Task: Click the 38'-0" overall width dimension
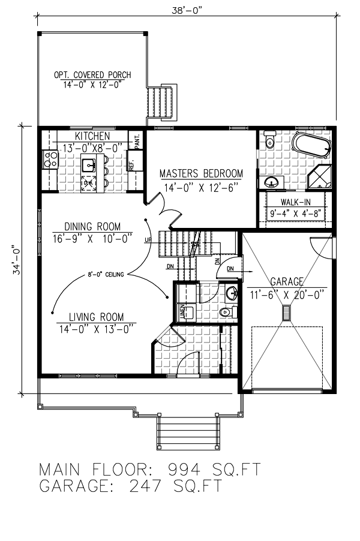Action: point(187,10)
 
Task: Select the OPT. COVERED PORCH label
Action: point(92,75)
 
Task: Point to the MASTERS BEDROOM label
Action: point(201,174)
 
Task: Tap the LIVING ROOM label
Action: point(95,317)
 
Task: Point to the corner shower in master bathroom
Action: point(319,177)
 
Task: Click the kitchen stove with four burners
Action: point(50,160)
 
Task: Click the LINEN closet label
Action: point(182,311)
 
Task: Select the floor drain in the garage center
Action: point(286,312)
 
